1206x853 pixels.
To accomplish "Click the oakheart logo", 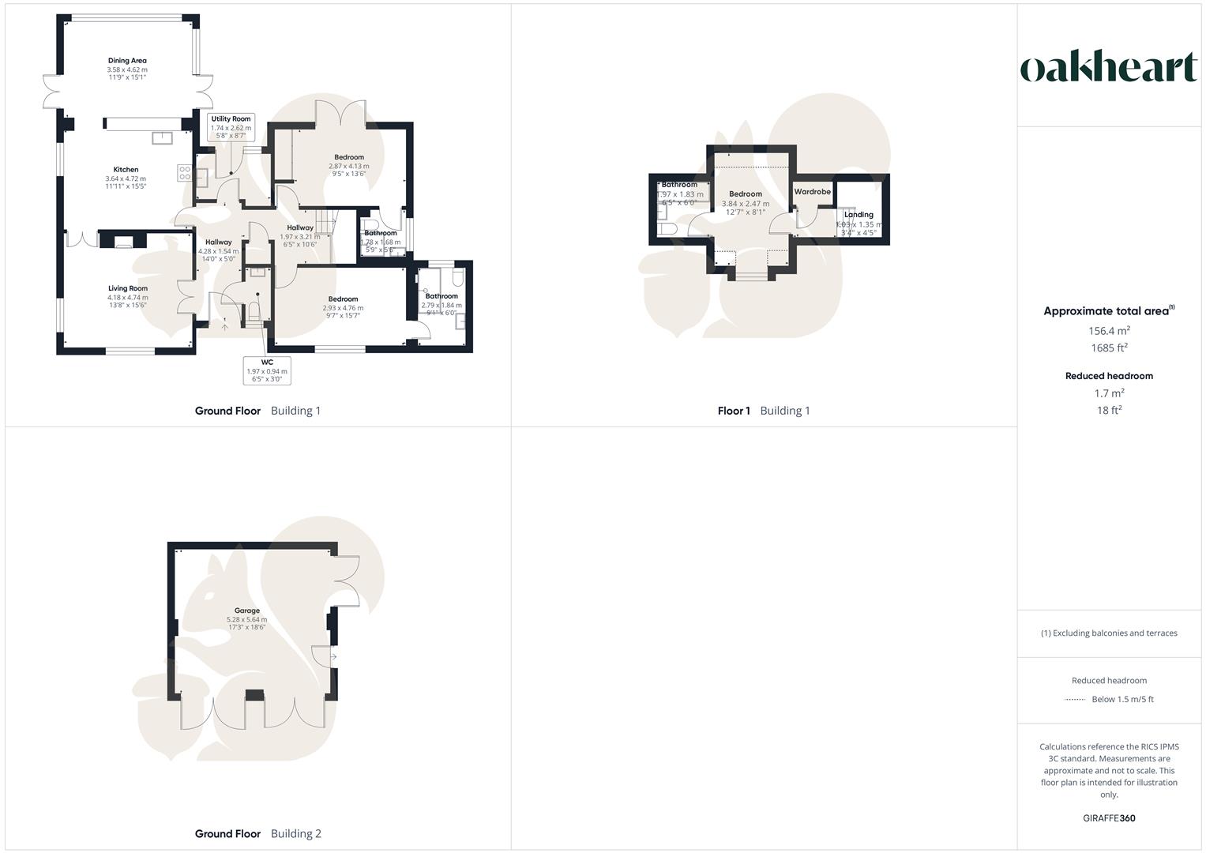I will [x=1109, y=68].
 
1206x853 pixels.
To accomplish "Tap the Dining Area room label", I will [x=127, y=61].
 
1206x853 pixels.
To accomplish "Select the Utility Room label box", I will [x=231, y=127].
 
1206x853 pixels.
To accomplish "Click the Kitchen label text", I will [x=126, y=170].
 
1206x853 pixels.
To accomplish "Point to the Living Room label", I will [x=128, y=289].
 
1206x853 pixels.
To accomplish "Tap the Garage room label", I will [x=247, y=611].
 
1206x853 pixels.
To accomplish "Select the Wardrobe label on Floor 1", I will [x=812, y=192].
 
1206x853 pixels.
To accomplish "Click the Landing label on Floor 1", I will [x=858, y=215].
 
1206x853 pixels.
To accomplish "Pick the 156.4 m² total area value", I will [x=1109, y=331].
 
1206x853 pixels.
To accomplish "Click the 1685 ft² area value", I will [x=1109, y=348].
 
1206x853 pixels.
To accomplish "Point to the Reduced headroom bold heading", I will [x=1109, y=376].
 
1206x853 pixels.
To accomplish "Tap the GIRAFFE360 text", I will [x=1109, y=818].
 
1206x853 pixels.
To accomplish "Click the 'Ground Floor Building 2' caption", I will [x=258, y=833].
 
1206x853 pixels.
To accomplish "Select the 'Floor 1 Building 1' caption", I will [x=764, y=411].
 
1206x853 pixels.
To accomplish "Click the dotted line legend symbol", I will [x=1075, y=699].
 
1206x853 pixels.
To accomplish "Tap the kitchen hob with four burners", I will [x=185, y=172].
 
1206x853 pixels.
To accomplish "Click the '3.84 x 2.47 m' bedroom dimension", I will [x=745, y=204].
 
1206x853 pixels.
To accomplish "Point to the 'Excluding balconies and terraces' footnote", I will [x=1109, y=633].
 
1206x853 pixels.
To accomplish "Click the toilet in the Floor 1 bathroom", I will [x=668, y=229].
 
